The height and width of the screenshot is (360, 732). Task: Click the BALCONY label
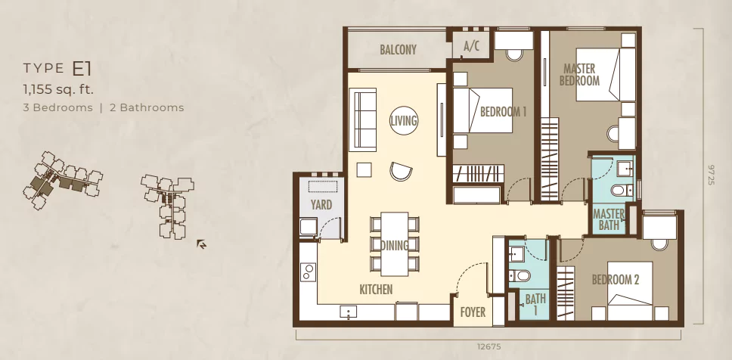(398, 49)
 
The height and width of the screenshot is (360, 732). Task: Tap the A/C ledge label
(471, 46)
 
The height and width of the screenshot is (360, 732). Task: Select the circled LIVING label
(403, 121)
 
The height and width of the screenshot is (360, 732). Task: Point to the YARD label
(321, 204)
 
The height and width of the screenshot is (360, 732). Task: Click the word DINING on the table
(395, 245)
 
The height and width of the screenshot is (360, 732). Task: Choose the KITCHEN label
(376, 290)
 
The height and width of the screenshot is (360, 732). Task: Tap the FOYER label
(473, 312)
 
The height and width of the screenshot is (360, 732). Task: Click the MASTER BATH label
(609, 219)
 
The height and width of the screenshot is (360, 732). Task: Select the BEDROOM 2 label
(616, 280)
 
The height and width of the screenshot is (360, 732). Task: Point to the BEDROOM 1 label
(504, 112)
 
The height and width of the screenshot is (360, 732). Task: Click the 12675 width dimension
(489, 346)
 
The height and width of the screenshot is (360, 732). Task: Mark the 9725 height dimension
(712, 174)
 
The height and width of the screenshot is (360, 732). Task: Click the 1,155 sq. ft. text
(58, 88)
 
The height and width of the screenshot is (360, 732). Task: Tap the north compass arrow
(201, 244)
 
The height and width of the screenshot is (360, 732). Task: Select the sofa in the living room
(363, 119)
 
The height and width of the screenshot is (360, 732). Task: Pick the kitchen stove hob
(308, 272)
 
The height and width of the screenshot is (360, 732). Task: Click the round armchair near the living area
(401, 172)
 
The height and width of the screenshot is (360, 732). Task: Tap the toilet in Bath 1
(521, 276)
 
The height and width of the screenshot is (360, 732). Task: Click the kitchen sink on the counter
(349, 312)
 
